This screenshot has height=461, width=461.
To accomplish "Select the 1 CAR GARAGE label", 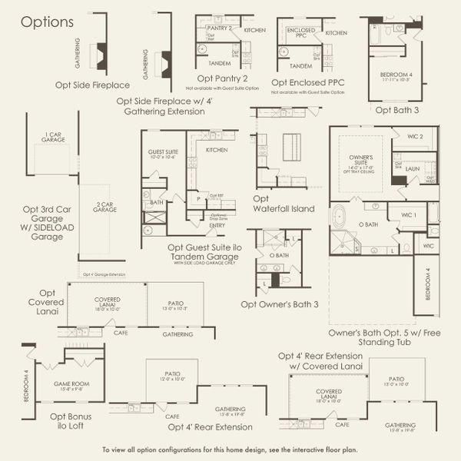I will (x=53, y=137).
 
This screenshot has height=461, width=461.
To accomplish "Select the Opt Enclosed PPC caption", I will (x=307, y=81).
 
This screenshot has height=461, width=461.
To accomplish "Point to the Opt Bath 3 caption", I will (x=396, y=110).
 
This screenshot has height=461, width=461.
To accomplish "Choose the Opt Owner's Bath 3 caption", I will (x=279, y=303).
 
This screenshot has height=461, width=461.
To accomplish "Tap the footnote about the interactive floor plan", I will (x=230, y=449).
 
